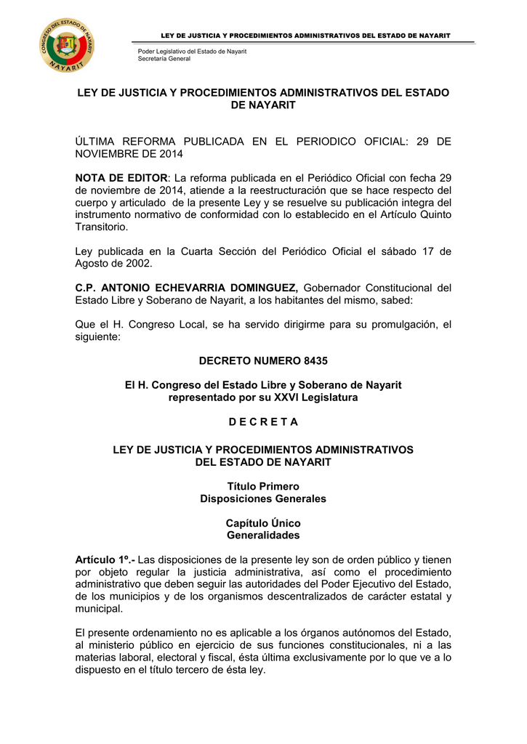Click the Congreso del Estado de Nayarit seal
tap(67, 44)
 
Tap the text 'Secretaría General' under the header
tap(164, 59)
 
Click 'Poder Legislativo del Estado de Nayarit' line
tap(192, 52)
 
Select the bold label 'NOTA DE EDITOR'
tap(121, 179)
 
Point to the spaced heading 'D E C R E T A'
tap(263, 422)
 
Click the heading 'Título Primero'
tap(263, 486)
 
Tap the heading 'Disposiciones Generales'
tap(263, 498)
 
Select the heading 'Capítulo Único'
tap(263, 523)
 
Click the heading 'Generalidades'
tap(263, 535)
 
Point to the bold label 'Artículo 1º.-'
tap(105, 559)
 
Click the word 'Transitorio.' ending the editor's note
tap(102, 226)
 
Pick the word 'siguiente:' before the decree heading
tap(99, 337)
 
